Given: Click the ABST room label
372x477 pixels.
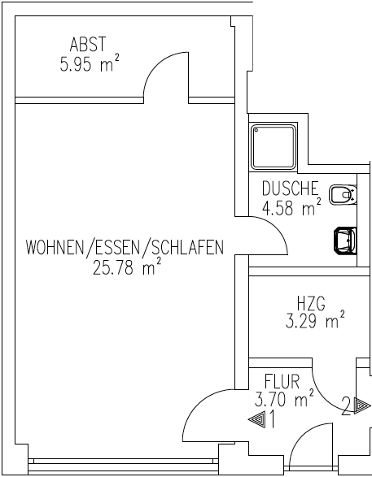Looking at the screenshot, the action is [88, 44].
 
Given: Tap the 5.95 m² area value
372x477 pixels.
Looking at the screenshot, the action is [90, 63].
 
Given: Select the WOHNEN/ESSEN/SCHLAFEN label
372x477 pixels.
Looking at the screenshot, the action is [125, 247].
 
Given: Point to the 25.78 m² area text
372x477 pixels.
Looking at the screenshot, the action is [127, 267].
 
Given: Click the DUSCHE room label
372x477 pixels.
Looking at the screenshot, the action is [291, 189].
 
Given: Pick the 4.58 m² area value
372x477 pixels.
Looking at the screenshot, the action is [291, 207].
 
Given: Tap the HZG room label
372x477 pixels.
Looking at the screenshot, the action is [311, 303].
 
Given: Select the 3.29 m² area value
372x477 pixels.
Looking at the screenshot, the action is [315, 320].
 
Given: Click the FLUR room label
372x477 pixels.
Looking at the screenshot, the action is [282, 381].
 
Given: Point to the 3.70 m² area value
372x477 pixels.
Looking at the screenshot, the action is [284, 399].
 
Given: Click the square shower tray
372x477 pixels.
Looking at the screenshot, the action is [274, 146].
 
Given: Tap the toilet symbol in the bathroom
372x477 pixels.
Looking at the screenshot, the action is [343, 195].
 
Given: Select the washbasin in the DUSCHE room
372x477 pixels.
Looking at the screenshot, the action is [345, 241].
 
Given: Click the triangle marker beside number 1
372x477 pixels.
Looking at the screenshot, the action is [257, 420].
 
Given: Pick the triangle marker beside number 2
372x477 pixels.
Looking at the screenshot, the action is [362, 405].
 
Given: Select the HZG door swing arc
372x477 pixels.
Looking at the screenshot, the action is [325, 397].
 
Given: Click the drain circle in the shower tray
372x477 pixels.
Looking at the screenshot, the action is [256, 130].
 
